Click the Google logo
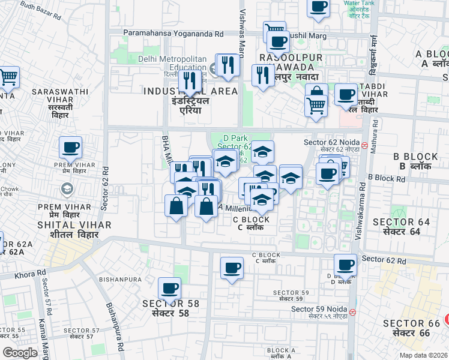(x=20, y=353)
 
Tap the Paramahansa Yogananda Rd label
(x=173, y=34)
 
